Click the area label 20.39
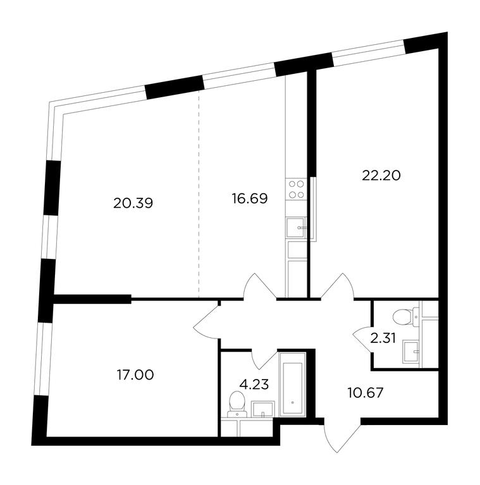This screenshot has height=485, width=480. tap(133, 203)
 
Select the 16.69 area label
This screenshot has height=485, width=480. tap(250, 198)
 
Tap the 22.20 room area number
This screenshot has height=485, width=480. tap(381, 176)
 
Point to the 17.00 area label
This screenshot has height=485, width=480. tap(135, 375)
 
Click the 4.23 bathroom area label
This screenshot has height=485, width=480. tap(254, 385)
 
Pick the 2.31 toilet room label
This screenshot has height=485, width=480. tap(383, 338)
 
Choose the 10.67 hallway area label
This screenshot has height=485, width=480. tap(365, 393)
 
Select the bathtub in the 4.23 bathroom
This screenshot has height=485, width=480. tap(293, 385)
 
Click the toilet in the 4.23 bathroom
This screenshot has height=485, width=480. tap(237, 404)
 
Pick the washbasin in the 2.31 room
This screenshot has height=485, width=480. tap(410, 351)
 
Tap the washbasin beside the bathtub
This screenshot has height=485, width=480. tap(263, 409)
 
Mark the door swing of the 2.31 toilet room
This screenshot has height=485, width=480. tap(363, 340)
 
